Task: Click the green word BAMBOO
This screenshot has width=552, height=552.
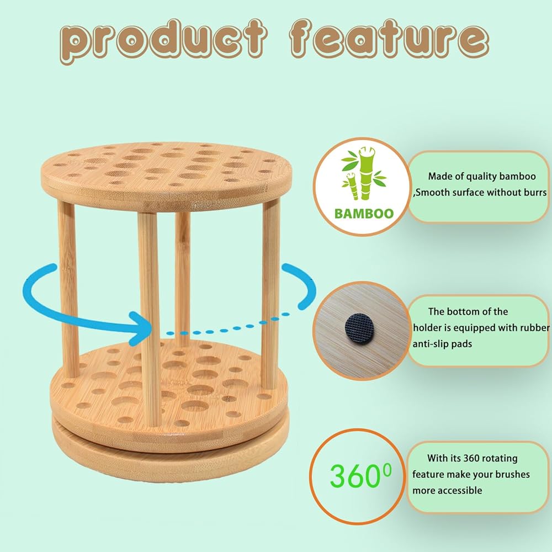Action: click(x=364, y=214)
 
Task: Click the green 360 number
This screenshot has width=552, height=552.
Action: click(x=355, y=475)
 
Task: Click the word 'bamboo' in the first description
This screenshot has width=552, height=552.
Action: click(x=517, y=176)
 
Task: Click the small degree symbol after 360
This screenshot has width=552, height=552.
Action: click(x=387, y=470)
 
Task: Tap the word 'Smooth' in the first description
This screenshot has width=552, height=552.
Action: click(x=432, y=192)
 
